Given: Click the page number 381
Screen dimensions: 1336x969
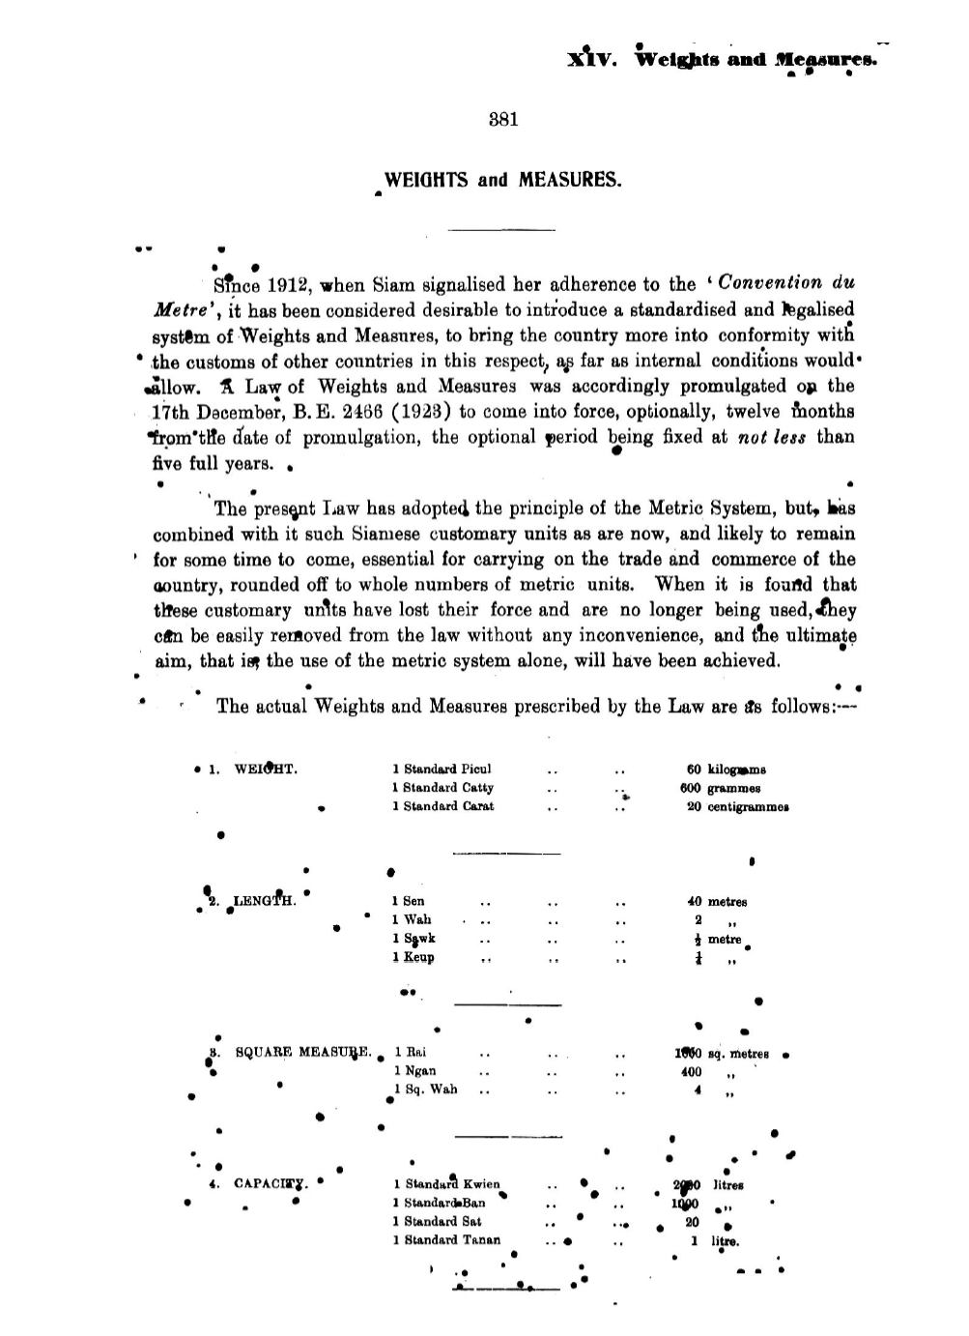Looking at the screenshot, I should click(x=504, y=121).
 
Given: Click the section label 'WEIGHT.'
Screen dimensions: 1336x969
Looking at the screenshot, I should click(x=266, y=770).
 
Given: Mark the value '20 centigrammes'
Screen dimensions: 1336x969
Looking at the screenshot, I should click(x=737, y=806).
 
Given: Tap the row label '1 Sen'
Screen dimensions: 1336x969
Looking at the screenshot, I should click(x=408, y=901).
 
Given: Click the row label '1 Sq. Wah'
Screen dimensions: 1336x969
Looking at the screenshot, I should click(x=425, y=1089).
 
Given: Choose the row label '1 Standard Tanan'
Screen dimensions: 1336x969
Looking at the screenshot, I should click(x=446, y=1240).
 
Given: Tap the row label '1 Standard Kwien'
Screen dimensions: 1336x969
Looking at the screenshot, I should click(x=446, y=1184).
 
